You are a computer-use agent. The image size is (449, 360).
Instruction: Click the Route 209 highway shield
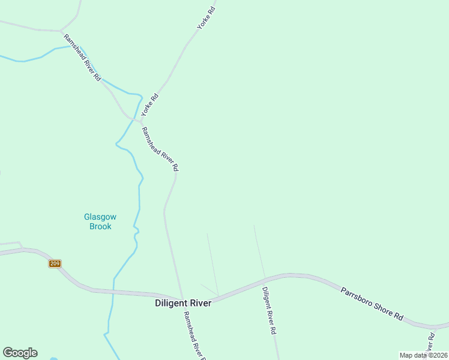tap(55, 263)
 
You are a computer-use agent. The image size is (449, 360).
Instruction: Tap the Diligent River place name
tap(183, 303)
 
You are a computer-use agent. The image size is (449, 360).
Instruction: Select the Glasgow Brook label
tap(100, 221)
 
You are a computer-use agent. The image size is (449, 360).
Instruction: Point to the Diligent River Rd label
tap(269, 310)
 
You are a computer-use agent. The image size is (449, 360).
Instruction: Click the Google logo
tap(20, 353)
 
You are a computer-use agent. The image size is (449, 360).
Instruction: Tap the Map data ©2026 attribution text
tap(423, 355)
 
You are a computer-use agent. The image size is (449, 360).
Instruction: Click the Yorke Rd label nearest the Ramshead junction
tap(149, 105)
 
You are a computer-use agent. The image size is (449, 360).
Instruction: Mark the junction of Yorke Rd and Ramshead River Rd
tap(140, 121)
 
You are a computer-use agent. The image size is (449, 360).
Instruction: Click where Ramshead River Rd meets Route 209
tap(181, 298)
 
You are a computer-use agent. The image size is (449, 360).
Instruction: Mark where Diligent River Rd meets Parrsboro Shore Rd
tap(264, 280)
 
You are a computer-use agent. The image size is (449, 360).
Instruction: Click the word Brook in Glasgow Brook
tap(100, 226)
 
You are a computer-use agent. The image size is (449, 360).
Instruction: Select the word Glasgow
tap(100, 217)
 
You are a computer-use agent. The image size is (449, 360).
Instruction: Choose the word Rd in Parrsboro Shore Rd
tap(398, 316)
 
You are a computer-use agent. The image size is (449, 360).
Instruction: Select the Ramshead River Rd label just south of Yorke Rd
tap(160, 149)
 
